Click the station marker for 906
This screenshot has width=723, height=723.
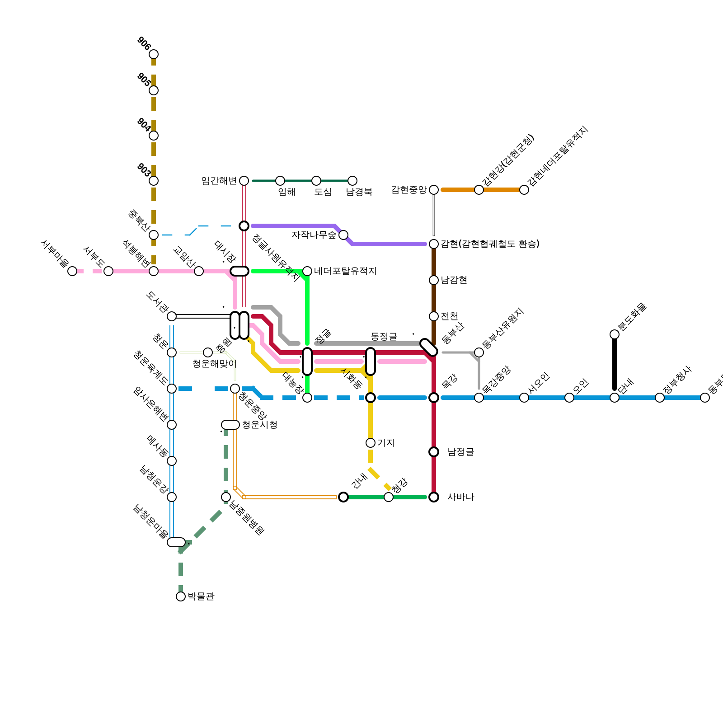click(154, 54)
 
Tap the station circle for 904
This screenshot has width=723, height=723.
click(154, 136)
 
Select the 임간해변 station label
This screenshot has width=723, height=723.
click(219, 181)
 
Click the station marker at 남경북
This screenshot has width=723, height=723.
click(352, 181)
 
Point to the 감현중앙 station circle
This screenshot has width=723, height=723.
click(434, 190)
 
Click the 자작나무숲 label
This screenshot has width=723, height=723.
click(314, 235)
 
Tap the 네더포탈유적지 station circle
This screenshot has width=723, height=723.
click(307, 271)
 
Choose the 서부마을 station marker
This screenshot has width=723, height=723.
click(72, 271)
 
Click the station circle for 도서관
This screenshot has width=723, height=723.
click(172, 316)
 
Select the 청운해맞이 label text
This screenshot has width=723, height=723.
click(214, 364)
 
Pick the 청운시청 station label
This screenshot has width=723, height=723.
click(259, 425)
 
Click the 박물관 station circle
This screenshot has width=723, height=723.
click(181, 596)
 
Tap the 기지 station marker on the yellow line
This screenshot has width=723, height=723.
click(371, 443)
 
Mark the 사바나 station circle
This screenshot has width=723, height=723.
click(434, 497)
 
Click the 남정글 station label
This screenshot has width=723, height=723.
click(460, 452)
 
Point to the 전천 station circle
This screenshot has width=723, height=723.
click(434, 316)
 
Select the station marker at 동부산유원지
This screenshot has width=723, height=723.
click(479, 352)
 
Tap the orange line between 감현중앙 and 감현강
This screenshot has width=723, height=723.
click(456, 190)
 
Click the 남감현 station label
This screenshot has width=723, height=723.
click(454, 280)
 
